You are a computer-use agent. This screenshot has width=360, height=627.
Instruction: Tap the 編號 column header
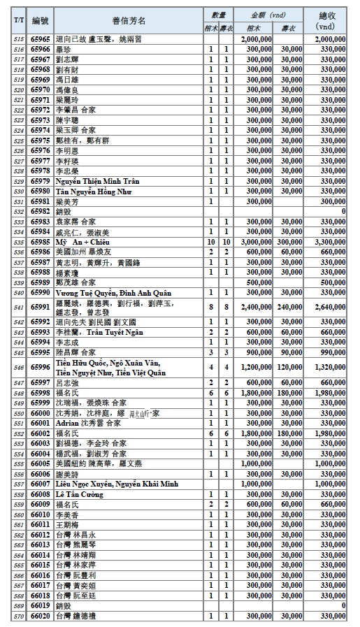(41, 20)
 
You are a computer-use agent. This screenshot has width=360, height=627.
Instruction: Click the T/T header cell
(19, 20)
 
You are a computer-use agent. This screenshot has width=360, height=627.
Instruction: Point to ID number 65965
(41, 40)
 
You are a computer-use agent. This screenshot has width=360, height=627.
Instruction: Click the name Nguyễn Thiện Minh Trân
(96, 181)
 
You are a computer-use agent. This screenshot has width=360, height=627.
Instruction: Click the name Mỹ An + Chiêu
(78, 241)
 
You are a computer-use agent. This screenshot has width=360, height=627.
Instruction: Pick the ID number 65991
(41, 306)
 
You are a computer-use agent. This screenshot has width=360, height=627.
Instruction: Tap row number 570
(19, 617)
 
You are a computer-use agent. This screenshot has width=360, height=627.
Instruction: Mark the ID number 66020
(41, 617)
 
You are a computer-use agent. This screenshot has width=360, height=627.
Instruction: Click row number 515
(19, 40)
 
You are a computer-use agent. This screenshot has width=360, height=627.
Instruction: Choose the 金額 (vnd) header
(268, 14)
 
